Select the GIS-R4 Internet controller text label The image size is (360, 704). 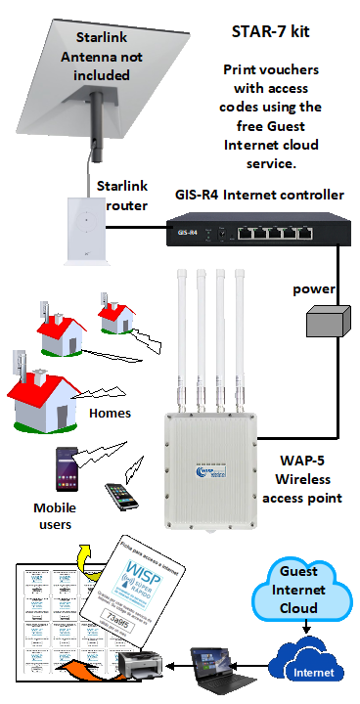pyautogui.click(x=259, y=195)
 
